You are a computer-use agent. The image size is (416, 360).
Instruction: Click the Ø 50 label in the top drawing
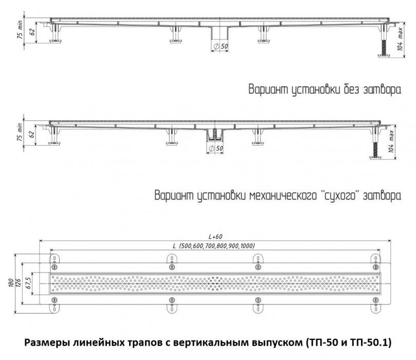pos(221,46)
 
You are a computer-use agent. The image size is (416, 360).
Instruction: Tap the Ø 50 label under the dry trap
pos(215,149)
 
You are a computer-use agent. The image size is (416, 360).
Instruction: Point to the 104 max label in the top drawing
pos(400,39)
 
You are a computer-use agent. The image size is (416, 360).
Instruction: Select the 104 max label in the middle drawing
pos(391,141)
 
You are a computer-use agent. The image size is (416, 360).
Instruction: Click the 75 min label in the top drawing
pos(20,29)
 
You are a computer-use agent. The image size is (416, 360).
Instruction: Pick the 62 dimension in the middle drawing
pos(32,134)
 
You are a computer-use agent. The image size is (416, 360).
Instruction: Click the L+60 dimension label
pos(215,237)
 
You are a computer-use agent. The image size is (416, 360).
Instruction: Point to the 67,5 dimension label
pos(29,283)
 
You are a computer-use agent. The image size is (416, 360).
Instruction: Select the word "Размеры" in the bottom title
pos(46,343)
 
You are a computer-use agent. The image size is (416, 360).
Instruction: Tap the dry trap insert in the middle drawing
pos(214,135)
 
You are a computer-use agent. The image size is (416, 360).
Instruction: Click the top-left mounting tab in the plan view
pos(55,259)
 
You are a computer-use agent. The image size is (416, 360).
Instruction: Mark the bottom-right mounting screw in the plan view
pos(376,300)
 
